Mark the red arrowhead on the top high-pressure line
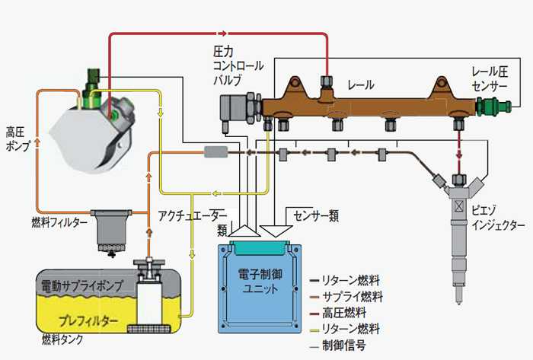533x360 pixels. (223, 33)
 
